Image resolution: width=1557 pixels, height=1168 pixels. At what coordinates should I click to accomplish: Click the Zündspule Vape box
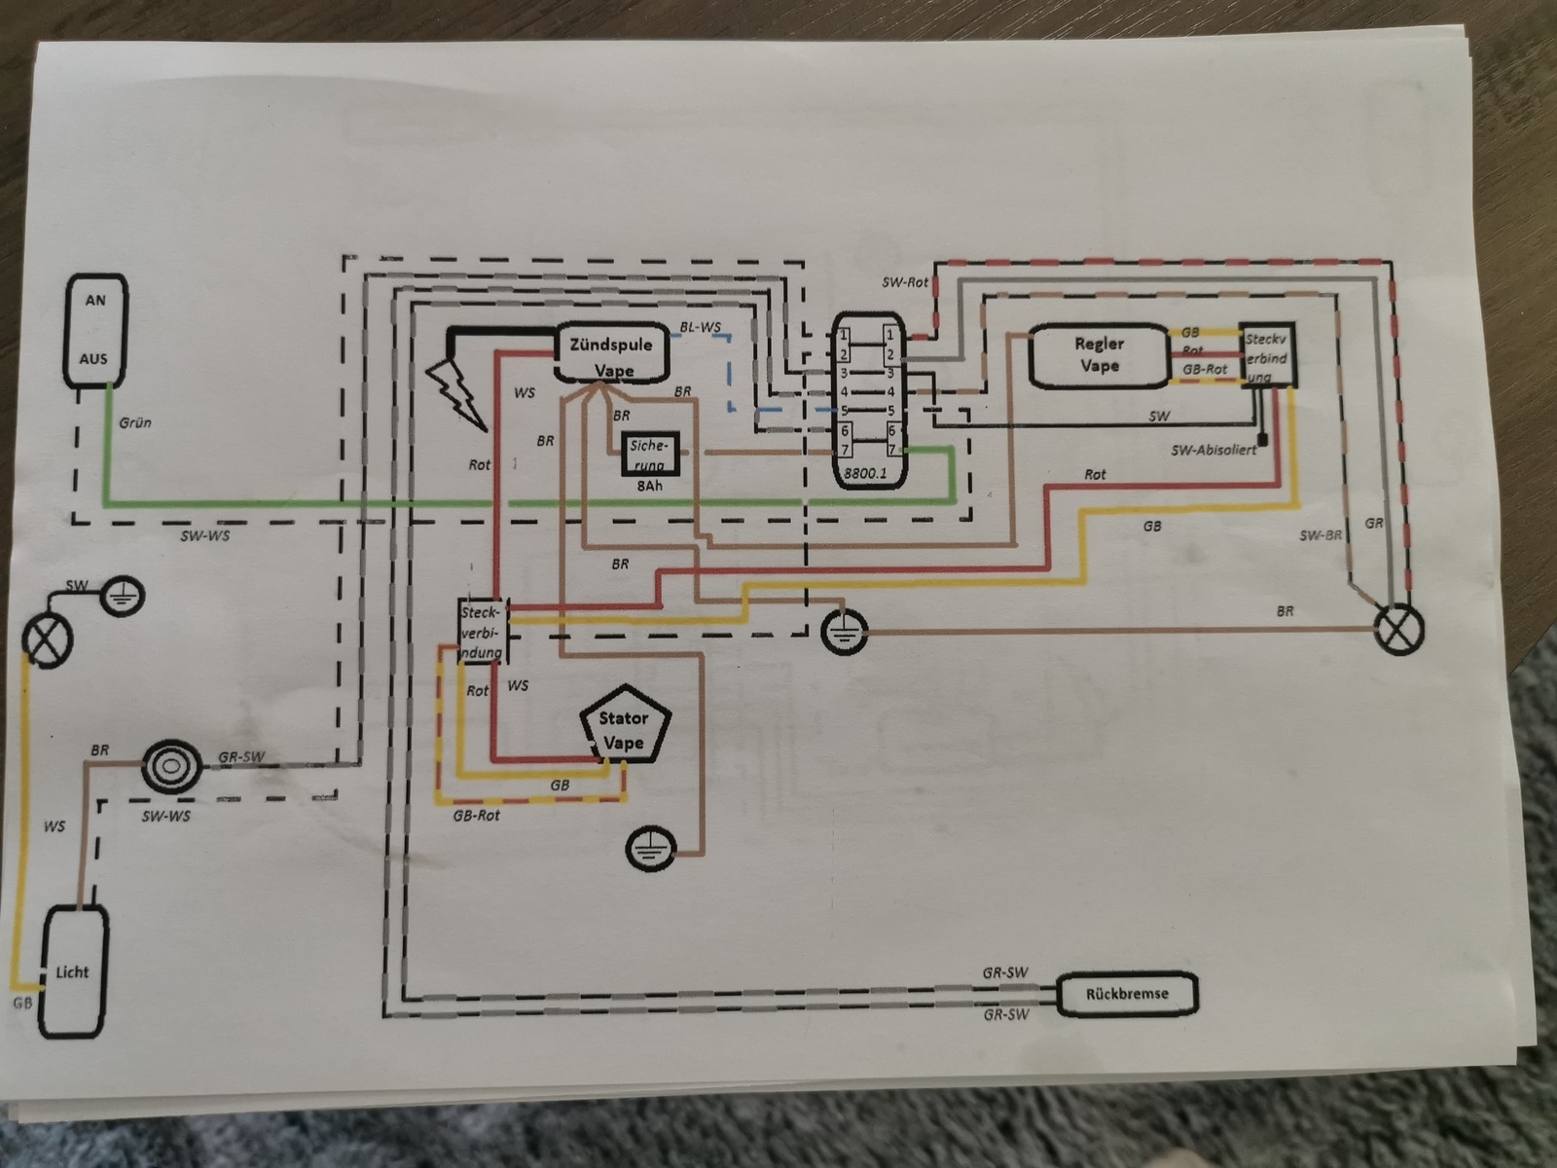(x=612, y=356)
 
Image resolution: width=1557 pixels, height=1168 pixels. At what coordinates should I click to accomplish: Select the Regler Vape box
(x=1099, y=355)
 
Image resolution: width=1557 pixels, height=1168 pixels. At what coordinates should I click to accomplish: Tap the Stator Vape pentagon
(x=624, y=730)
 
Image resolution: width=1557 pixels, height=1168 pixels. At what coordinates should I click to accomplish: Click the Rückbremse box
(x=1127, y=994)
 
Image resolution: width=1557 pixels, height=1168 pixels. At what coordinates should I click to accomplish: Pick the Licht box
(x=72, y=970)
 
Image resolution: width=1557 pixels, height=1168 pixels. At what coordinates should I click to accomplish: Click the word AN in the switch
(x=95, y=300)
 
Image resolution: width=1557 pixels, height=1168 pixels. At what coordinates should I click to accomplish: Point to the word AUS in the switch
(x=94, y=358)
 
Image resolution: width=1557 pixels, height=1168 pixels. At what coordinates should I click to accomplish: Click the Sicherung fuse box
(x=649, y=452)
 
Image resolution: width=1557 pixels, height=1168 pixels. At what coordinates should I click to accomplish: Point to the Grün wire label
(x=135, y=423)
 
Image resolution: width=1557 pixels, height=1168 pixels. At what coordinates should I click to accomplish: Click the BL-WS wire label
(x=701, y=328)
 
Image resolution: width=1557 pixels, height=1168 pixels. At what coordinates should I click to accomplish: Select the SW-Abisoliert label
(x=1213, y=450)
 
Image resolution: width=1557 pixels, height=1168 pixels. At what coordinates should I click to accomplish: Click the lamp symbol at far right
(x=1398, y=629)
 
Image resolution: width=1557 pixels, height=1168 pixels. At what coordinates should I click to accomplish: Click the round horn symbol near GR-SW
(x=171, y=766)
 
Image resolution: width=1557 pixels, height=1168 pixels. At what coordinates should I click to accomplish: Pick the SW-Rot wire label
(x=904, y=282)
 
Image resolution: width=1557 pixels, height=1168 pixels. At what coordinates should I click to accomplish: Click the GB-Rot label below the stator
(x=476, y=815)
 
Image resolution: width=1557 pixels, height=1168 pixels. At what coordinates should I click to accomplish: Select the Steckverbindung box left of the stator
(x=483, y=630)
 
